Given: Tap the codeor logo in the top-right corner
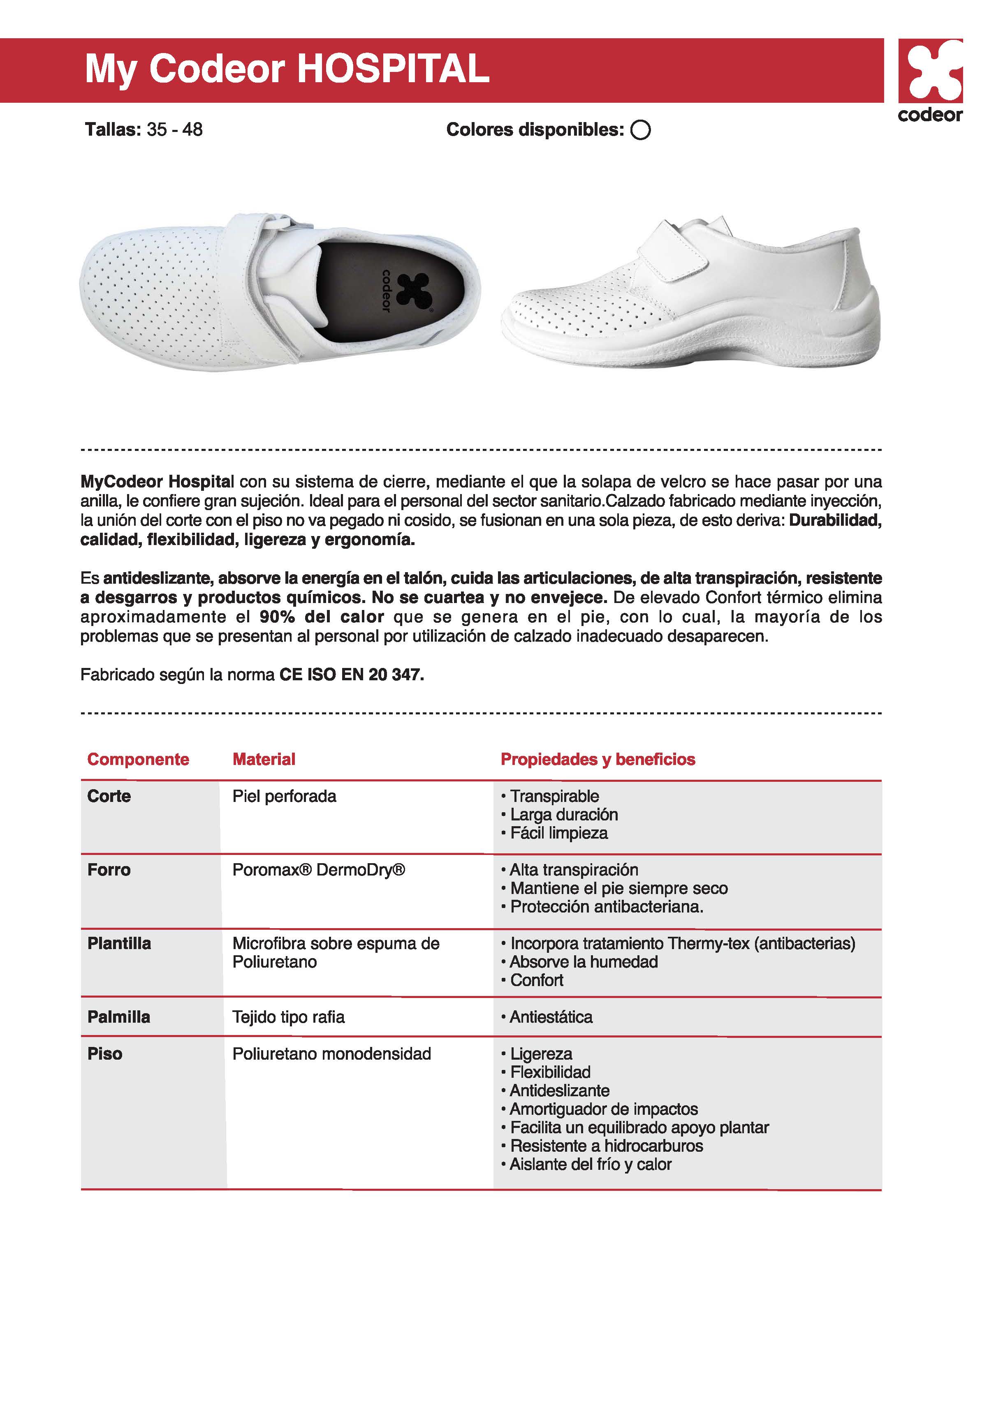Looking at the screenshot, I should pyautogui.click(x=930, y=80).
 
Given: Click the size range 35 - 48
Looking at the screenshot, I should pyautogui.click(x=175, y=129).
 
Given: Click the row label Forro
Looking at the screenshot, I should pyautogui.click(x=109, y=869).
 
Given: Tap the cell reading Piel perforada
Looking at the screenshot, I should pyautogui.click(x=285, y=796).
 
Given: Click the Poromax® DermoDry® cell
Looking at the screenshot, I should pyautogui.click(x=319, y=869).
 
